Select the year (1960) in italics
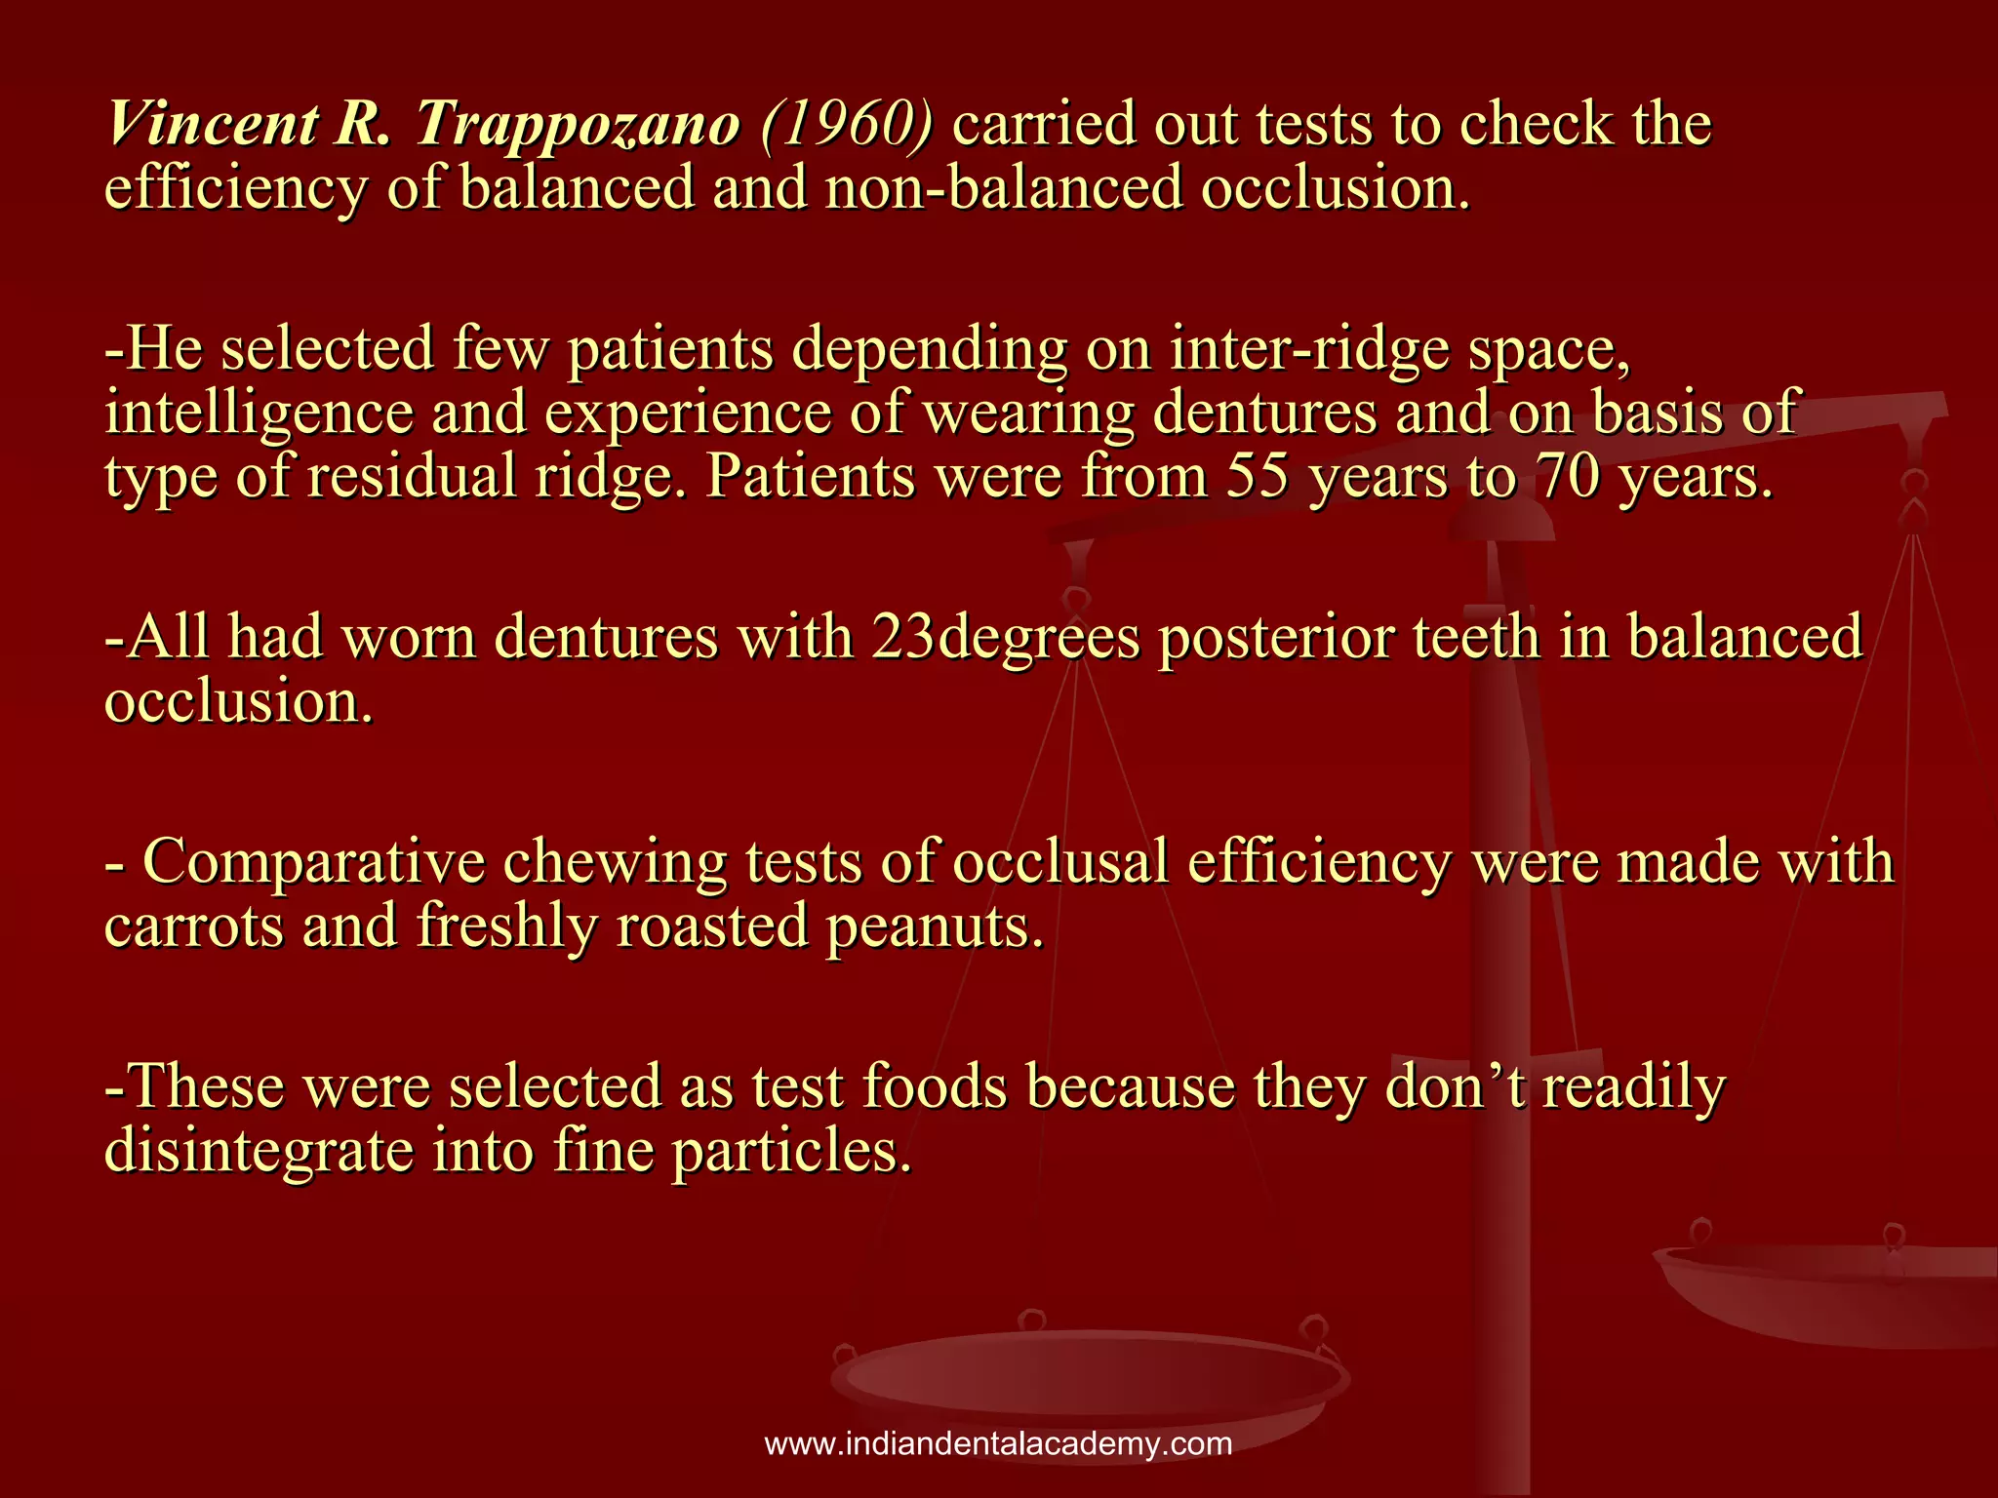pyautogui.click(x=846, y=125)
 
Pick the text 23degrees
pyautogui.click(x=1005, y=639)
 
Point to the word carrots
pyautogui.click(x=193, y=926)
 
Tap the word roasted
pyautogui.click(x=712, y=926)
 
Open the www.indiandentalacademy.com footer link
pyautogui.click(x=998, y=1444)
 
